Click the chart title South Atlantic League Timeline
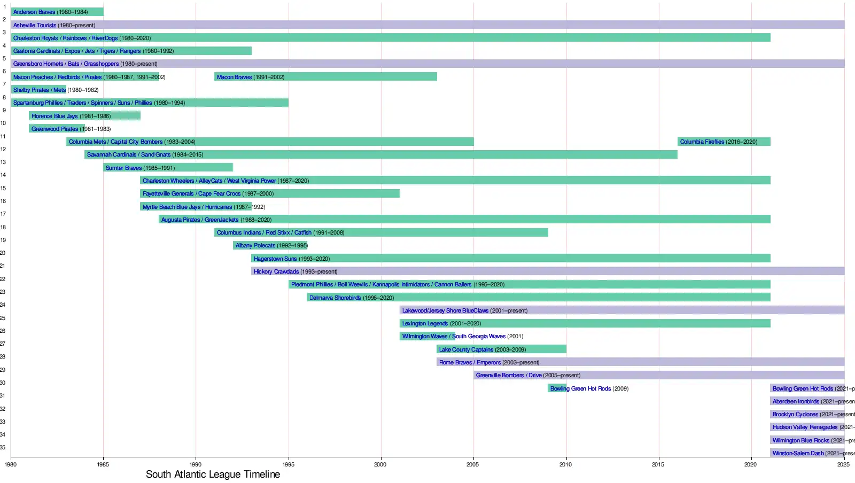(x=213, y=474)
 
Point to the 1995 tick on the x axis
(x=289, y=464)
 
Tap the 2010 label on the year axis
(x=565, y=464)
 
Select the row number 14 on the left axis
(x=3, y=175)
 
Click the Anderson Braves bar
(x=57, y=12)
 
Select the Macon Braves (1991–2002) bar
(x=325, y=77)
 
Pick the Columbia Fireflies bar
(x=724, y=142)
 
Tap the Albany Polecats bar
(x=270, y=245)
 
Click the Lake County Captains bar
(x=501, y=349)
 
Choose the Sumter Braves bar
(x=168, y=168)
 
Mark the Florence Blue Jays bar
(x=84, y=116)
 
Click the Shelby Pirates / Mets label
(x=40, y=90)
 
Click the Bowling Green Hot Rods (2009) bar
(x=557, y=388)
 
